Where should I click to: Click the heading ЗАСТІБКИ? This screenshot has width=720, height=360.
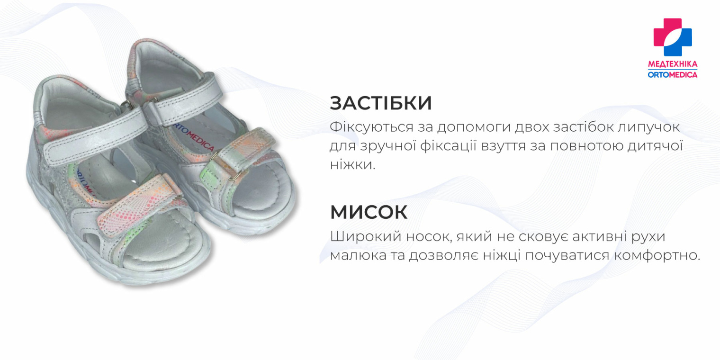click(380, 103)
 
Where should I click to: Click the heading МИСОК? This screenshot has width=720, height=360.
click(369, 212)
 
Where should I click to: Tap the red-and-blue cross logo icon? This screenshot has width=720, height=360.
click(673, 37)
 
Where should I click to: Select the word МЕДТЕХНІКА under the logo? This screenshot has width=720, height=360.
click(673, 64)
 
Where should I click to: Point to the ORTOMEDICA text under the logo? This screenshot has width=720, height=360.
click(673, 74)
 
